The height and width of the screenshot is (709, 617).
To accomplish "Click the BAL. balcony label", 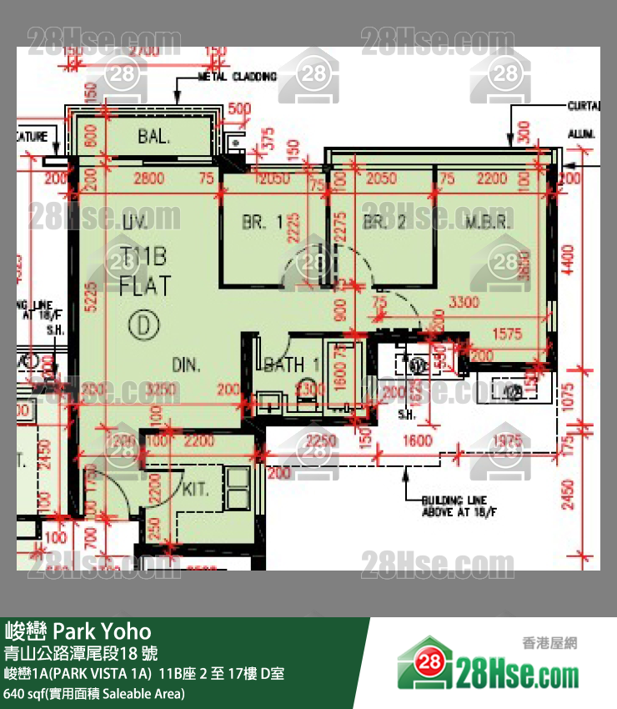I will point(154,136).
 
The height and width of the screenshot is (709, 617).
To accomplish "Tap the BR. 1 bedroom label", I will point(263,223).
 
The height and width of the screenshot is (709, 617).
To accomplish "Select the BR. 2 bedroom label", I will point(384,223).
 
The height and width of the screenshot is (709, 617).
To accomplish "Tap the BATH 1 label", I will point(292,364).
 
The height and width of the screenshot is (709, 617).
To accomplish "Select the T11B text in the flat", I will point(144,256).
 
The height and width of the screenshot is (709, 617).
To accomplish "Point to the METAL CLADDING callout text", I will point(237,77).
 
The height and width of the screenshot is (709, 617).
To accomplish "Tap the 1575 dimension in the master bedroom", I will point(506,334).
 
